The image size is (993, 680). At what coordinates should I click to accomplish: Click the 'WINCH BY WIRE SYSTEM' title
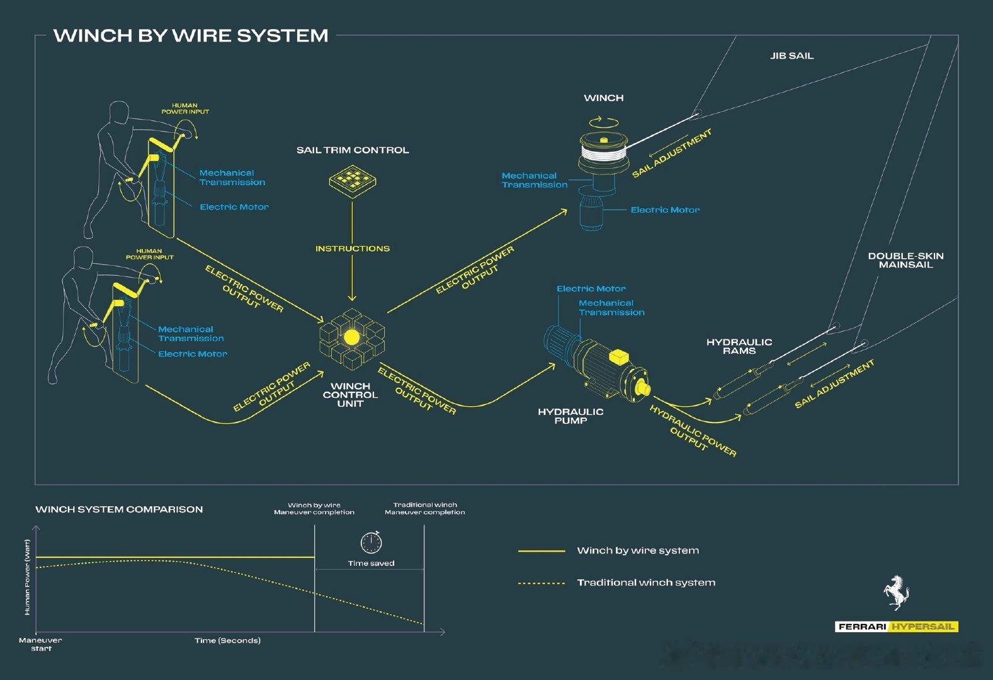[191, 35]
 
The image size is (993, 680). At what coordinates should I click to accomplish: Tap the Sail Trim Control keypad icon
[353, 181]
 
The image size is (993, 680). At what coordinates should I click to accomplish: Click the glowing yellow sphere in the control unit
[351, 337]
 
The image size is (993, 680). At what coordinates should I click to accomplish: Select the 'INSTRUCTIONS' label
[353, 249]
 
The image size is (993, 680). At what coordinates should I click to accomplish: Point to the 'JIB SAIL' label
[792, 56]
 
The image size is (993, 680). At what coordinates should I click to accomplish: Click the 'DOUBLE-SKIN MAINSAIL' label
[905, 260]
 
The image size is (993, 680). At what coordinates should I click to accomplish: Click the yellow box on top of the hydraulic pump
[620, 357]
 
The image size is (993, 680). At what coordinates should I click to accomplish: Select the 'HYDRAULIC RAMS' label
[739, 346]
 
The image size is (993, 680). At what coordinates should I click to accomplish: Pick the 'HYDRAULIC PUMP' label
[570, 416]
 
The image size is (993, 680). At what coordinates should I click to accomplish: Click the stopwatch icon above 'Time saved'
[371, 541]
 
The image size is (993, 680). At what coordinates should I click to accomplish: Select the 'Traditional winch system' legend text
[646, 582]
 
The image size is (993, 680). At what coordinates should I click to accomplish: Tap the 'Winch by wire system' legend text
[638, 550]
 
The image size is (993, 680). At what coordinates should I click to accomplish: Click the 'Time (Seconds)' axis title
[227, 640]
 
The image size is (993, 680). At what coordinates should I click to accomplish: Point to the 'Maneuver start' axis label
[40, 644]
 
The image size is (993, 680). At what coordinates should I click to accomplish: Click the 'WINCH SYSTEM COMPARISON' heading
[119, 509]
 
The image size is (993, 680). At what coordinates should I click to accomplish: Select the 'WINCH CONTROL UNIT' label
[350, 395]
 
